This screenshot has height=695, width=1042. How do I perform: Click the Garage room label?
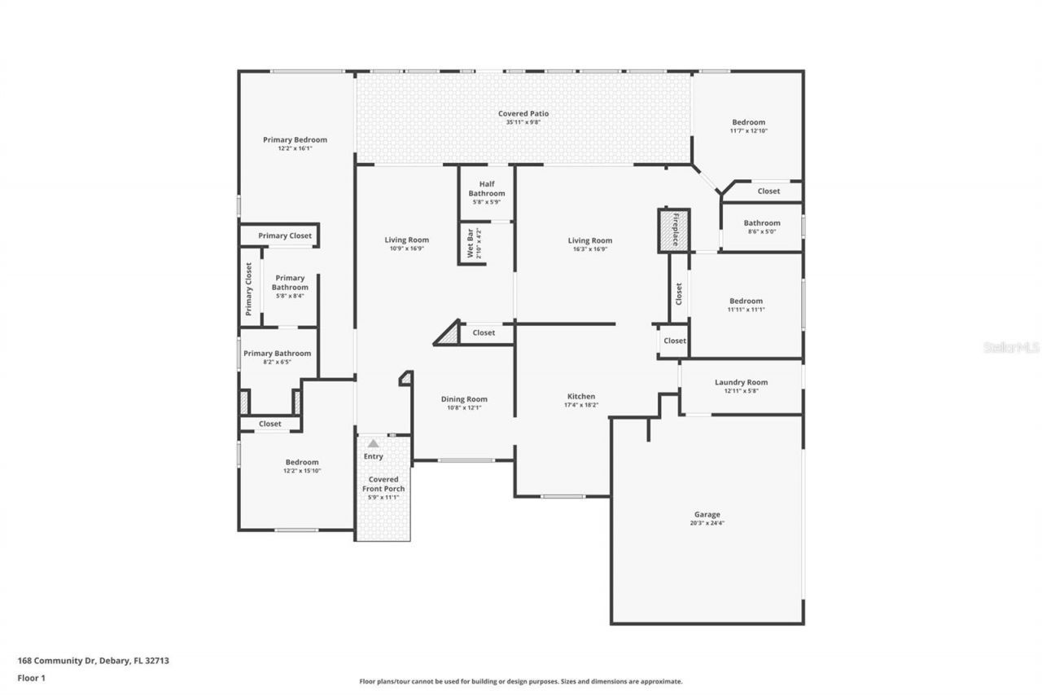(x=707, y=514)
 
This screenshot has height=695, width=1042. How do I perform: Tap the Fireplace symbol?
(x=674, y=231)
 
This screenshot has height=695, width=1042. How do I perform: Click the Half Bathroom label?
(x=486, y=188)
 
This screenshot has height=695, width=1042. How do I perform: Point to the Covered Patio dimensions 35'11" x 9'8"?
(x=523, y=122)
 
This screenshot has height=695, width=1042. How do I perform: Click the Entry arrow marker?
(x=373, y=444)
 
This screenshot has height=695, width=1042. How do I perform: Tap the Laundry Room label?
(x=741, y=382)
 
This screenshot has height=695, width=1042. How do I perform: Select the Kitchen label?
(x=581, y=396)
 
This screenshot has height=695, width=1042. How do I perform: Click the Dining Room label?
(x=464, y=399)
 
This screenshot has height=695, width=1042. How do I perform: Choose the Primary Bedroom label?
(x=295, y=139)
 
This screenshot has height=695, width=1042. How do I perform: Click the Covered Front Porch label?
(x=383, y=484)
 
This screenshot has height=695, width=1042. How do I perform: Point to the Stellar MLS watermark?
(x=1011, y=347)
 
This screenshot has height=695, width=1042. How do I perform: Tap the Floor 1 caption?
(x=33, y=677)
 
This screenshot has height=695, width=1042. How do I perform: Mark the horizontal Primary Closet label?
(x=285, y=235)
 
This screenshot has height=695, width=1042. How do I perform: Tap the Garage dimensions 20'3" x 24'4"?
(x=707, y=523)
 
